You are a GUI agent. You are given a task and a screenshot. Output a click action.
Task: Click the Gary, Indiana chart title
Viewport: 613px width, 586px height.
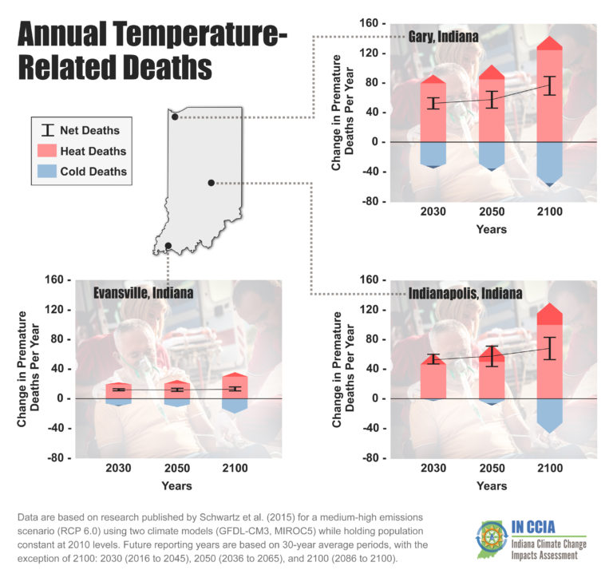[445, 37]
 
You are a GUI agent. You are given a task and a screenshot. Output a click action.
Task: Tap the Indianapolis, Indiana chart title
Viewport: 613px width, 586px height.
[465, 293]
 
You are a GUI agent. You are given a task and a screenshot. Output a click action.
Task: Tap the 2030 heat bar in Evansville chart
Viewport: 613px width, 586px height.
[118, 390]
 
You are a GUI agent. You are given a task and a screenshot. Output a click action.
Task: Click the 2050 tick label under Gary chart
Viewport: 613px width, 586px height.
[492, 212]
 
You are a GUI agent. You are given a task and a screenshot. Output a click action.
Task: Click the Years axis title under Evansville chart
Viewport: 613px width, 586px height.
[176, 485]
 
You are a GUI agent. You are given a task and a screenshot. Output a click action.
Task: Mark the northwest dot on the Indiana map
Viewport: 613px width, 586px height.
[175, 117]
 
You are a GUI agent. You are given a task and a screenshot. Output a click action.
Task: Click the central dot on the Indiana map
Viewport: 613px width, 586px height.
[211, 183]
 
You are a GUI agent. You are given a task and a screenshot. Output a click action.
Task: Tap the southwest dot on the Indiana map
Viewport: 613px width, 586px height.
[168, 245]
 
